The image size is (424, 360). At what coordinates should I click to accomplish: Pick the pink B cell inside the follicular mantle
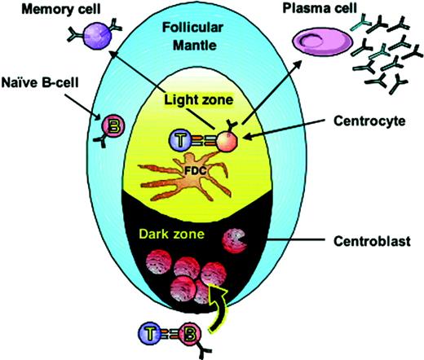point(111,126)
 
